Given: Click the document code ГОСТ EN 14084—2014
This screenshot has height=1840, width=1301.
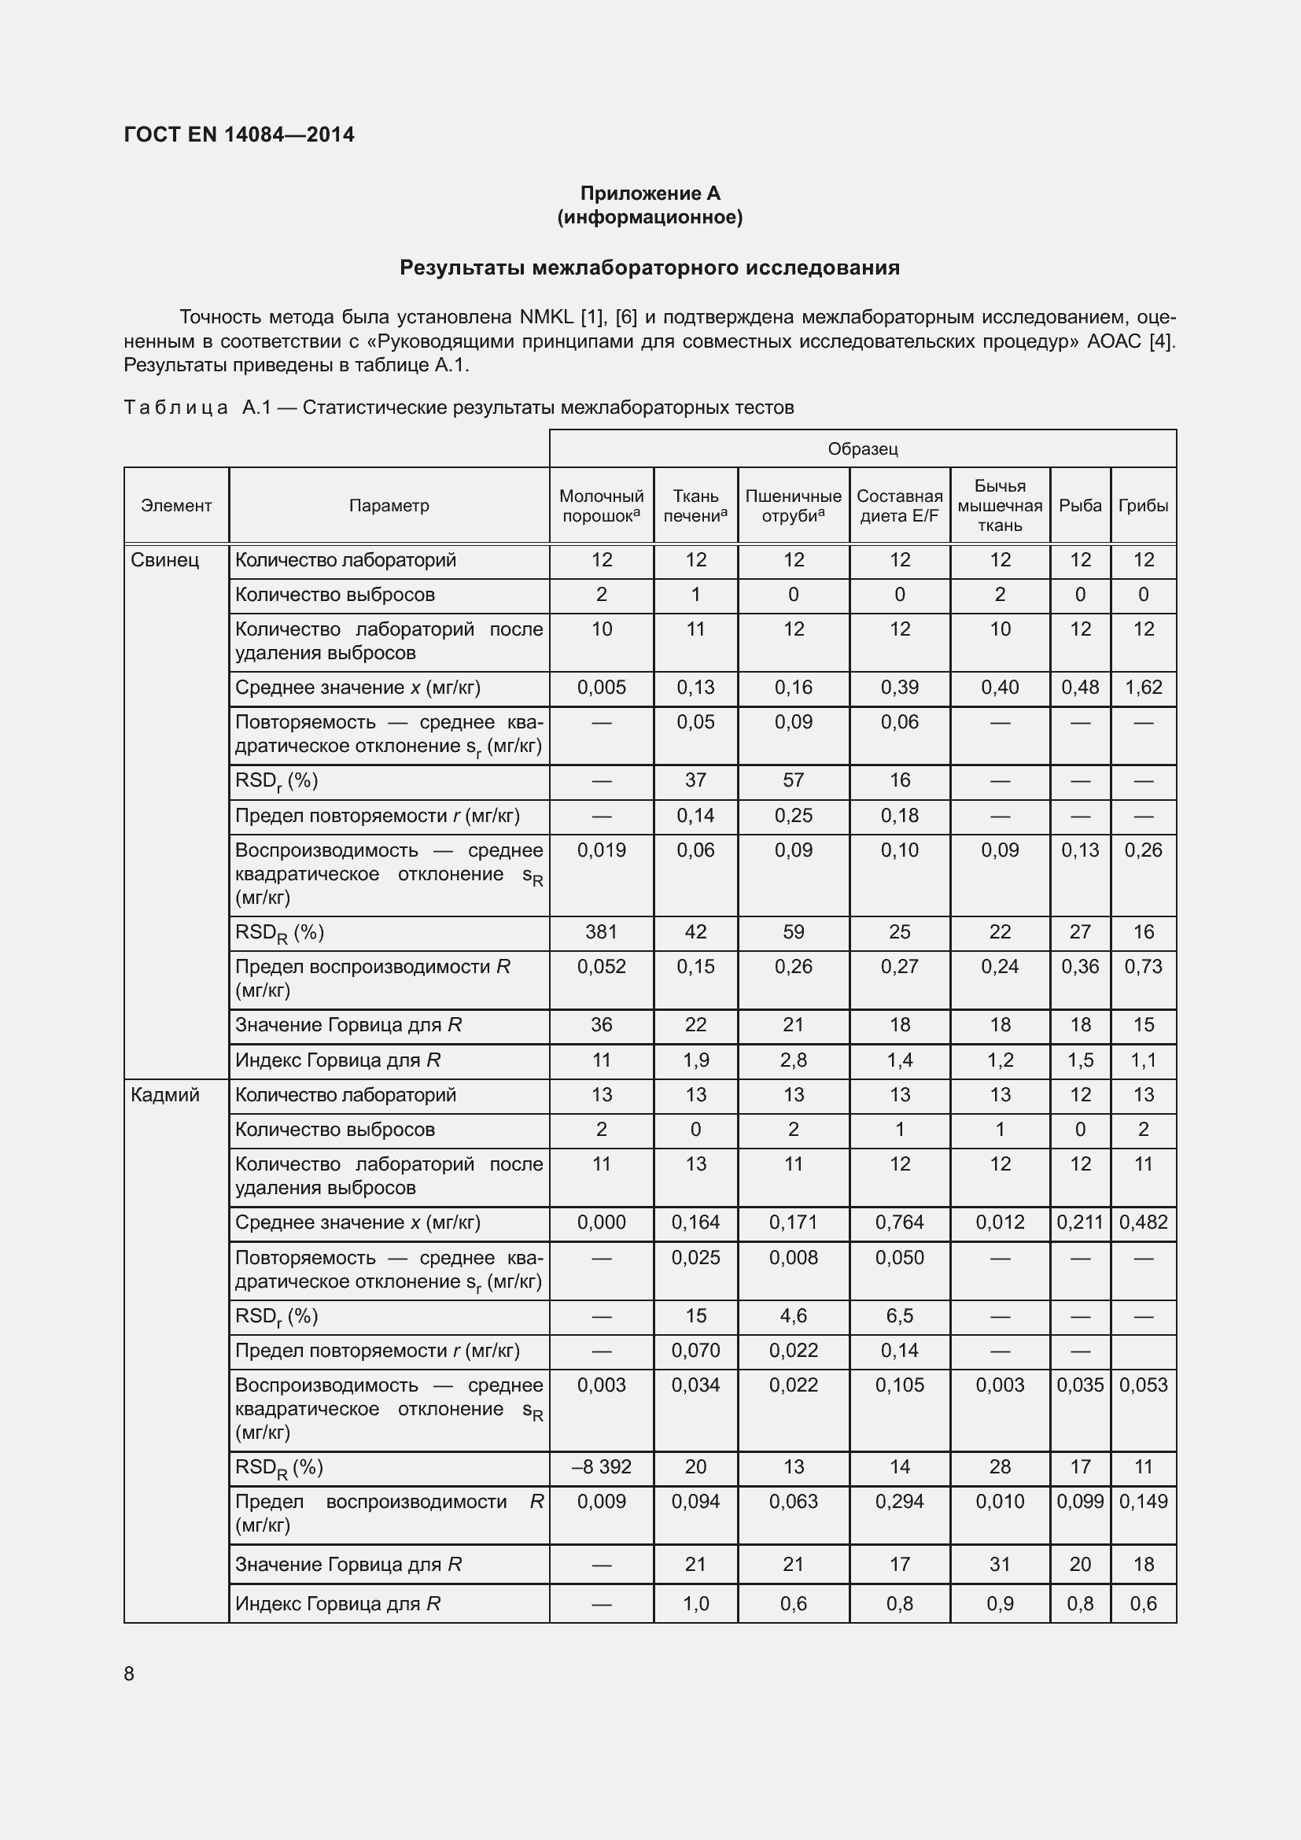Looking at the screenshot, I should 239,135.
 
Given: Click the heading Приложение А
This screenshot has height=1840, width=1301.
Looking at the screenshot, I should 650,194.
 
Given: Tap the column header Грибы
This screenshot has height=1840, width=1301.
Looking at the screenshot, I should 1143,506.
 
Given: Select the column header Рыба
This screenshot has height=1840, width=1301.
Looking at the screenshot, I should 1080,506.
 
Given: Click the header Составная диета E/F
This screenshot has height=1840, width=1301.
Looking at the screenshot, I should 900,506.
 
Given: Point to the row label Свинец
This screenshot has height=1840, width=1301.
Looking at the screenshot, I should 164,560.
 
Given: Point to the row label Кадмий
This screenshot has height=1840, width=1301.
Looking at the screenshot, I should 164,1095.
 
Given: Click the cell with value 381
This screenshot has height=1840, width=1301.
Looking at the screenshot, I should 601,932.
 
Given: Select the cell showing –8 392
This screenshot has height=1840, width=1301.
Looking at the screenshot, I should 601,1466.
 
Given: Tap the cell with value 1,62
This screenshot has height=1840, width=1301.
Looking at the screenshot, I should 1143,688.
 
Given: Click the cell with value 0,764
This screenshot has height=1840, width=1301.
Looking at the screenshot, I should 900,1222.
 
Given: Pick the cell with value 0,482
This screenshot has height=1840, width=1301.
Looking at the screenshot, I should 1143,1222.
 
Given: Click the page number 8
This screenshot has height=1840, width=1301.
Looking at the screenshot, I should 129,1674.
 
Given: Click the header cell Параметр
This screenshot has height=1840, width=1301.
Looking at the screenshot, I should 389,506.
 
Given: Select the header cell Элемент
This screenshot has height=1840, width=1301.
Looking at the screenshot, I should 176,506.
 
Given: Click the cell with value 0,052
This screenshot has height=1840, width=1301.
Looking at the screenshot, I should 601,967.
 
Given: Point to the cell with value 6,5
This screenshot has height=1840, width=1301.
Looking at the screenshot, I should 900,1316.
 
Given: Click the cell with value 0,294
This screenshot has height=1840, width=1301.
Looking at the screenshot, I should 900,1501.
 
